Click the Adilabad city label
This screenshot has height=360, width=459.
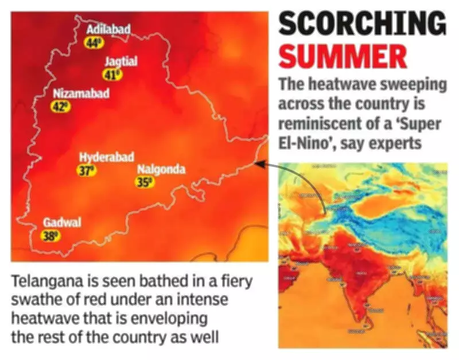click(108, 29)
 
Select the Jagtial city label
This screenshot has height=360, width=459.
click(120, 61)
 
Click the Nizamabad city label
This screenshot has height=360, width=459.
click(80, 93)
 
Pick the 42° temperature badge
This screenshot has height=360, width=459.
click(60, 107)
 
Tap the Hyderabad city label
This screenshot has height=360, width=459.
click(106, 157)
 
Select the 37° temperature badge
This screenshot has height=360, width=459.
click(86, 170)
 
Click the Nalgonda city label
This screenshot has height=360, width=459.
click(161, 170)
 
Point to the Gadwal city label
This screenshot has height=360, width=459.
click(61, 222)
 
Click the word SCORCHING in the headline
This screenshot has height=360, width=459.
click(363, 25)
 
